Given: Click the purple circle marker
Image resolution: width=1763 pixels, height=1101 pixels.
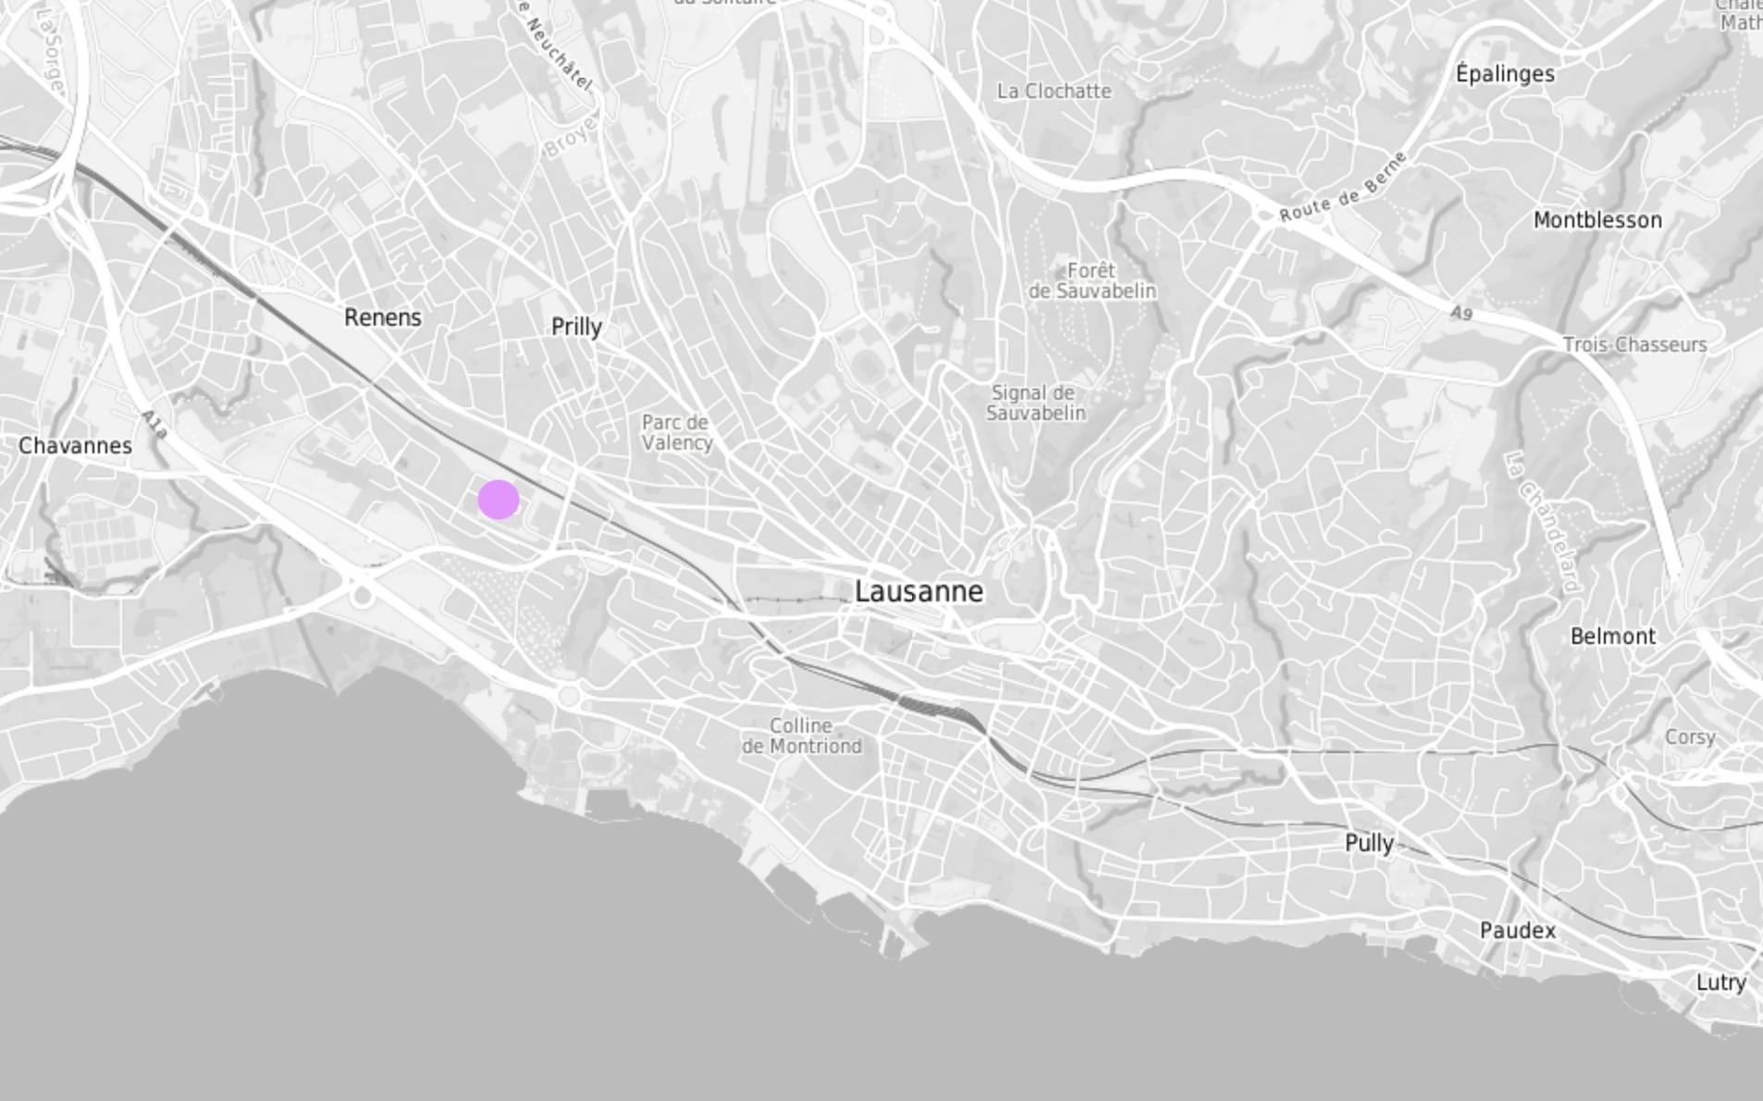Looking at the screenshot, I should [499, 500].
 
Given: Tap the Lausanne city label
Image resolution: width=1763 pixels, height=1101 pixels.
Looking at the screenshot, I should [918, 591].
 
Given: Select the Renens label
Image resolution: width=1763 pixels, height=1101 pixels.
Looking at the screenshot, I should [383, 317].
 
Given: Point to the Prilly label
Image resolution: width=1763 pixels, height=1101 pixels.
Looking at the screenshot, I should [576, 327].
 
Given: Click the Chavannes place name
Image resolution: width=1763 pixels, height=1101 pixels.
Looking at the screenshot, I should [75, 446].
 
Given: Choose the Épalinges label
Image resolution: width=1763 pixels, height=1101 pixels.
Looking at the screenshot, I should [1505, 74].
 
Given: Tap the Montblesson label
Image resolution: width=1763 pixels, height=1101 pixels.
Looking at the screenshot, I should [1597, 220].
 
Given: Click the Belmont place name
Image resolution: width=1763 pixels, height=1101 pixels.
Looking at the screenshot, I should [1613, 637].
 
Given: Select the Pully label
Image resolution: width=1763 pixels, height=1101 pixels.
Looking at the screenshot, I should [1369, 843].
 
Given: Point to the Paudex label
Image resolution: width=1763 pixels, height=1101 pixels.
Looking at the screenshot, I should [1517, 931].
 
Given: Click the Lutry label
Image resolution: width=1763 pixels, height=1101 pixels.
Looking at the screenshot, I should [1720, 983].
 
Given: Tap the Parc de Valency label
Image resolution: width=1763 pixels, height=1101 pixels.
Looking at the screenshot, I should [676, 432].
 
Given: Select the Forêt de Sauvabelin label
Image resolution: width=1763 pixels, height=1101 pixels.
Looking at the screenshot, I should [1092, 280].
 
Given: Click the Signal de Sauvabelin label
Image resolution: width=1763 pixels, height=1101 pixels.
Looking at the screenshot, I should [1035, 402].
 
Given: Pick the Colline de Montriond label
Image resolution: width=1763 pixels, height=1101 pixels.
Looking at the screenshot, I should [802, 736].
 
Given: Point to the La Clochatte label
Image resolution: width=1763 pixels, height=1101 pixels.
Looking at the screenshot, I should [1054, 91].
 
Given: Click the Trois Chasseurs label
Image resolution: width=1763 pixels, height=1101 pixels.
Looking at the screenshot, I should [1634, 344].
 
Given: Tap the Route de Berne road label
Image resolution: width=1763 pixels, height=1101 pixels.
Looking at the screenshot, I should [1344, 186].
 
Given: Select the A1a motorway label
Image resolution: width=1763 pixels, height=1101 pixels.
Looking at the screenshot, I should [154, 425].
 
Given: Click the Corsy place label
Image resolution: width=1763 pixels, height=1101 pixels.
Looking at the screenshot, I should [1690, 737].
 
